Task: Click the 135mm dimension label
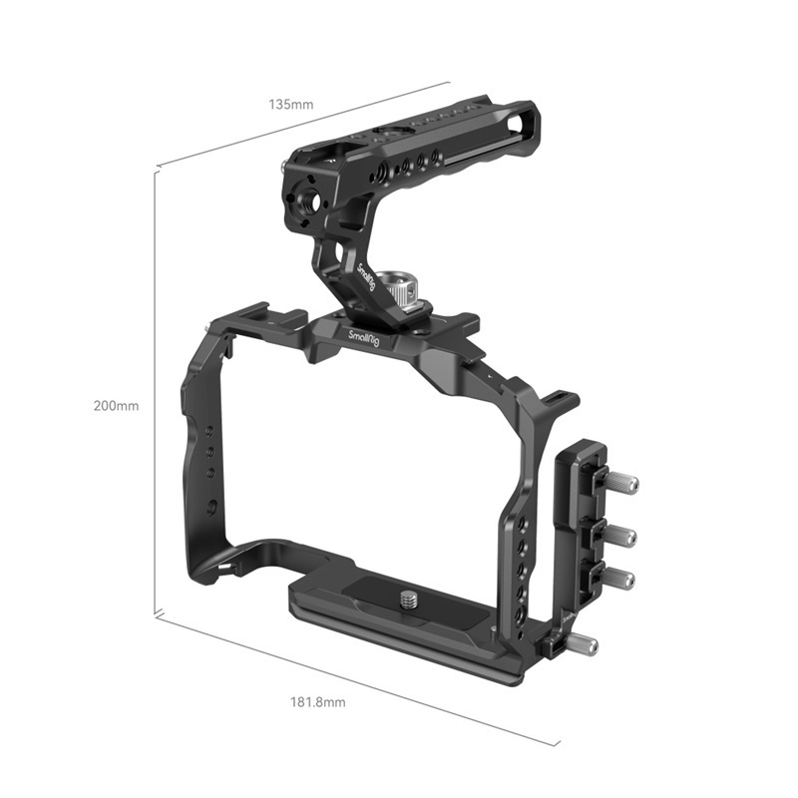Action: (290, 103)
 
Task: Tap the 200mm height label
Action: (117, 406)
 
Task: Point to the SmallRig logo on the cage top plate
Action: (364, 341)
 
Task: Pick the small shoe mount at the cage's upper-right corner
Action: (560, 400)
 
